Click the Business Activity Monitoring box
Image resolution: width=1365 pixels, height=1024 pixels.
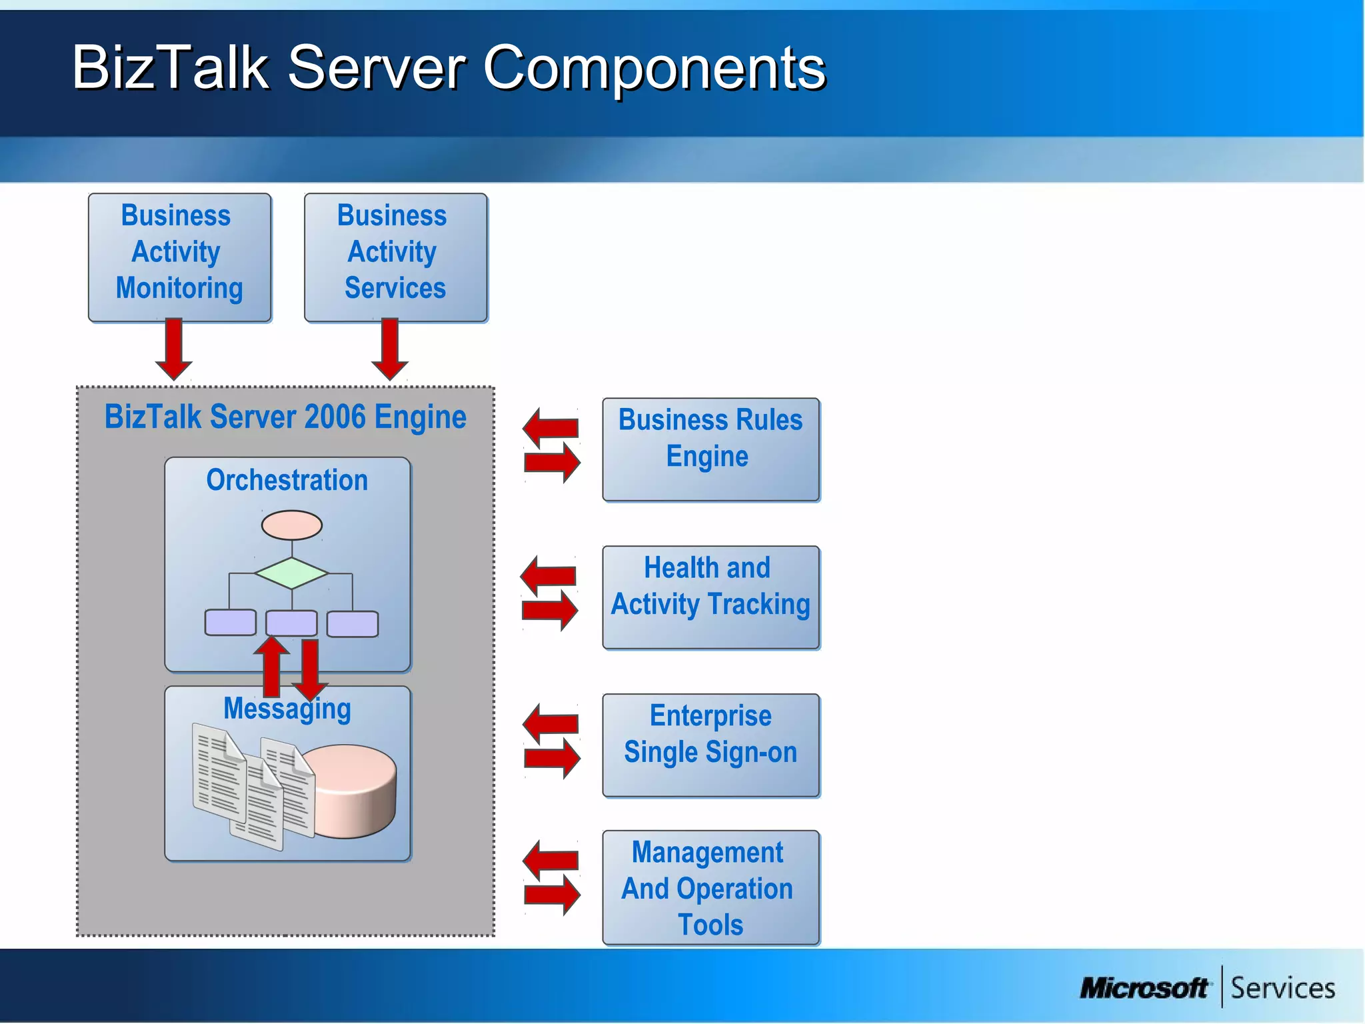click(x=179, y=257)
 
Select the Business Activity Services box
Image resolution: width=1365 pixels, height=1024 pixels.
click(x=395, y=257)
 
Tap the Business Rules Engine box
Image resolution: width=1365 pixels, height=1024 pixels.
click(x=710, y=449)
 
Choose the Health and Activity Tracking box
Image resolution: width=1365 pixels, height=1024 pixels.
click(x=710, y=597)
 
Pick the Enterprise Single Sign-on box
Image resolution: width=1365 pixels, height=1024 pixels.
click(x=710, y=745)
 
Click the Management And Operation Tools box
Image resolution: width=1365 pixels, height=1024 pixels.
click(x=710, y=887)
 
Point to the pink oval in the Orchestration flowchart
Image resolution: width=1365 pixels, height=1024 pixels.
click(x=292, y=525)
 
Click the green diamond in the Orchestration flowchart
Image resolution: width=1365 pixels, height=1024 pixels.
click(x=291, y=573)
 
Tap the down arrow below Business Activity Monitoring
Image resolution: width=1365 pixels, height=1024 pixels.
click(x=174, y=349)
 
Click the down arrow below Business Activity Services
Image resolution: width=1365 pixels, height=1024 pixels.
click(x=390, y=349)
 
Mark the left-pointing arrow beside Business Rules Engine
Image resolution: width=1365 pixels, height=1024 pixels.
click(x=550, y=427)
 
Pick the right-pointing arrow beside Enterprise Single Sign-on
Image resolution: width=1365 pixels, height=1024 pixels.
click(x=553, y=758)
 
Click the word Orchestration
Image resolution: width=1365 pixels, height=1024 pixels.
click(x=287, y=480)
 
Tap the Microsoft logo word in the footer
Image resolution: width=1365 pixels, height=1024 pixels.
click(x=1144, y=987)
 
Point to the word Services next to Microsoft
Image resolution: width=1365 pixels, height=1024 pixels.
click(x=1282, y=987)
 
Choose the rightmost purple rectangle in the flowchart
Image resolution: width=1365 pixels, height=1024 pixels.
click(x=353, y=623)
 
